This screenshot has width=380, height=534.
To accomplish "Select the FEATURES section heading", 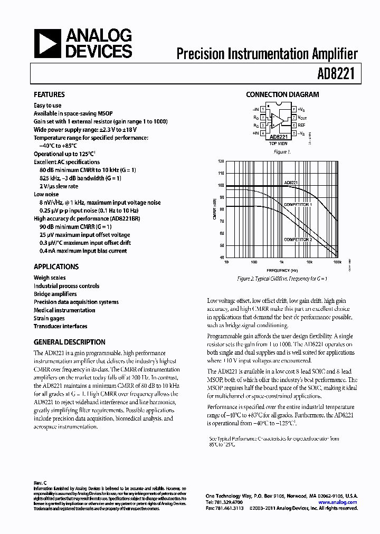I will pyautogui.click(x=49, y=95).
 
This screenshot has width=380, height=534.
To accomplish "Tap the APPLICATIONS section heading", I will pyautogui.click(x=56, y=267).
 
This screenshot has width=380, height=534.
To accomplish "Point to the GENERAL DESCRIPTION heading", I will pyautogui.click(x=69, y=342).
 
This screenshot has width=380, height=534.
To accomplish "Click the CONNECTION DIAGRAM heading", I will pyautogui.click(x=282, y=95).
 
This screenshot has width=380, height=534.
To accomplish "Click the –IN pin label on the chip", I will pyautogui.click(x=255, y=109).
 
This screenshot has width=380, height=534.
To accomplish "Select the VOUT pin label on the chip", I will pyautogui.click(x=302, y=118).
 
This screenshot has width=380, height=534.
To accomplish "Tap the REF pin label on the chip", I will pyautogui.click(x=301, y=126).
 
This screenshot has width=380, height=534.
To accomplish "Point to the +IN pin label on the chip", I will pyautogui.click(x=255, y=134).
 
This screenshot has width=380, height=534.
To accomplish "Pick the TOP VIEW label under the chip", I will pyautogui.click(x=278, y=144).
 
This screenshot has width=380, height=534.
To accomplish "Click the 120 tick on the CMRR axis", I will pyautogui.click(x=221, y=161).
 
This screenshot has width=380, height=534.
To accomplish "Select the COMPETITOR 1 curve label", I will pyautogui.click(x=298, y=204).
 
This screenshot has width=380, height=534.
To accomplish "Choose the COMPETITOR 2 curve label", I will pyautogui.click(x=298, y=240).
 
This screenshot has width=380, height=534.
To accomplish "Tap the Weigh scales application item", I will pyautogui.click(x=49, y=278).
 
